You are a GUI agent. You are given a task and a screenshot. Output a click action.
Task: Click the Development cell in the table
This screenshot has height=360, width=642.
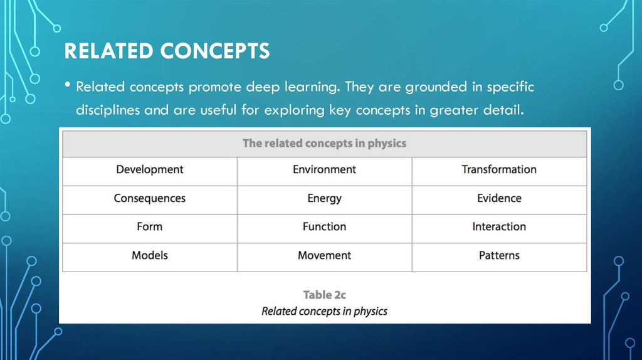tap(150, 172)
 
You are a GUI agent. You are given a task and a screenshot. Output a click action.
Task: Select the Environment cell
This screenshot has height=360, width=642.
tap(325, 172)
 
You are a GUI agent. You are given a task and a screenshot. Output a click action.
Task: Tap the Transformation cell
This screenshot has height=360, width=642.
tap(499, 172)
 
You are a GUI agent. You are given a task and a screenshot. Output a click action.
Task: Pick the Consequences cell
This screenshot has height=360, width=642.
tap(150, 200)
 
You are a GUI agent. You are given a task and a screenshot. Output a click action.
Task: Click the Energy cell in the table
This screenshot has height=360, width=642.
tap(325, 200)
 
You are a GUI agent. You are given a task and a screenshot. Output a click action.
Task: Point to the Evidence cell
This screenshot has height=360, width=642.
tap(499, 200)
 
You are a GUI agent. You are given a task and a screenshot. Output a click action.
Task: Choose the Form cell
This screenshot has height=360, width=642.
tap(150, 229)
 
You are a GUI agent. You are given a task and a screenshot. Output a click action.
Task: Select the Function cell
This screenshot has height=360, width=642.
tap(325, 229)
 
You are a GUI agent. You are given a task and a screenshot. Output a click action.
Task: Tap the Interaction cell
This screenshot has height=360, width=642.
tap(499, 229)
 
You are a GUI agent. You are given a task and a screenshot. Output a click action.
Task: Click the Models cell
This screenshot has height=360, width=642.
tap(150, 258)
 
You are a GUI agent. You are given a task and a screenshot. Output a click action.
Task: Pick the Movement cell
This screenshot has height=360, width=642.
tap(325, 258)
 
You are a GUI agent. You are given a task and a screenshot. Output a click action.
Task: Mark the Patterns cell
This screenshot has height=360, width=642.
tap(499, 258)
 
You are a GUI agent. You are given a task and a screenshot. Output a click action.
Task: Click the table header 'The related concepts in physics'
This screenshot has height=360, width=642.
tap(325, 144)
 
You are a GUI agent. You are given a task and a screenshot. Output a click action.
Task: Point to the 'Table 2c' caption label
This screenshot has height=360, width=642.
tap(325, 295)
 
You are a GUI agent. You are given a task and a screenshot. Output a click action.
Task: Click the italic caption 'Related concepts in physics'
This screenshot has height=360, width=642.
tap(324, 311)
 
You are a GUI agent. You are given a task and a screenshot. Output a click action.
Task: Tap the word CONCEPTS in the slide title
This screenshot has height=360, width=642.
tap(215, 51)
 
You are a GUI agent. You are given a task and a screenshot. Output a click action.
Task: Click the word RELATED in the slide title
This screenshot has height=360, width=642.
tap(109, 51)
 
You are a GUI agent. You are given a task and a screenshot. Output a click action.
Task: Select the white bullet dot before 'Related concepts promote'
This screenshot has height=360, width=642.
tap(68, 85)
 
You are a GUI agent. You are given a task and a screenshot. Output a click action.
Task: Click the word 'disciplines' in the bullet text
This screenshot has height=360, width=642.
tap(108, 110)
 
